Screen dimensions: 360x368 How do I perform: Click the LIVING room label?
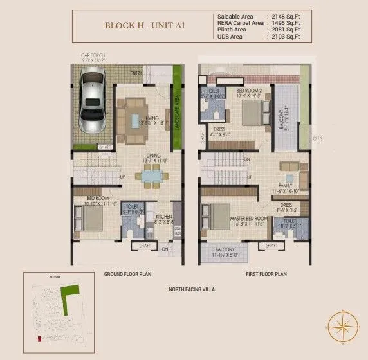click(x=152, y=118)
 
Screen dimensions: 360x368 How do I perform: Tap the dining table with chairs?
click(x=152, y=175)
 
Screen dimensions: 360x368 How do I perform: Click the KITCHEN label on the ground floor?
click(x=164, y=217)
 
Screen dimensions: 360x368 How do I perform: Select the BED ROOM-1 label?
click(x=89, y=199)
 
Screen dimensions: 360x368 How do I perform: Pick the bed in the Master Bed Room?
click(x=219, y=216)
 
